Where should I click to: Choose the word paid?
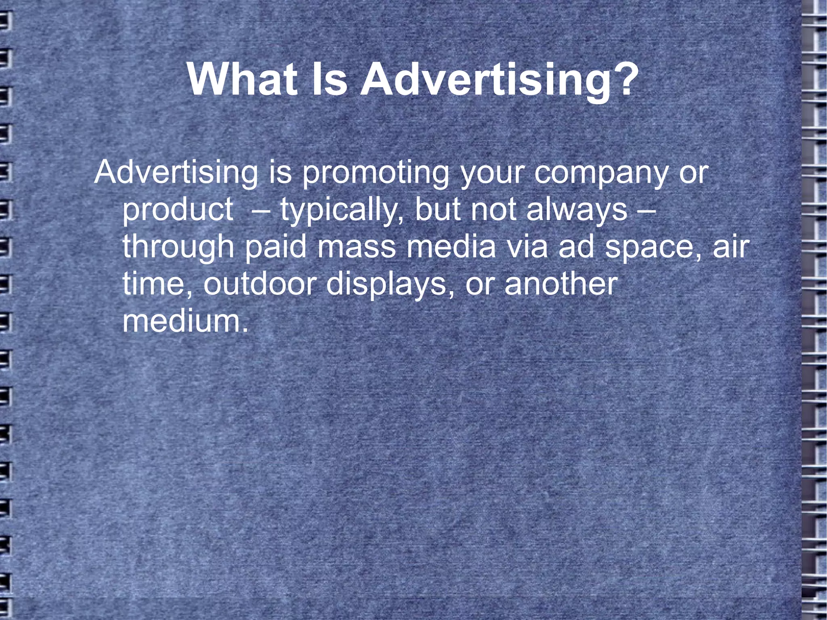[x=275, y=247]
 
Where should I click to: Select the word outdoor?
[x=259, y=284]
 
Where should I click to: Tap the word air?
[x=731, y=247]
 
